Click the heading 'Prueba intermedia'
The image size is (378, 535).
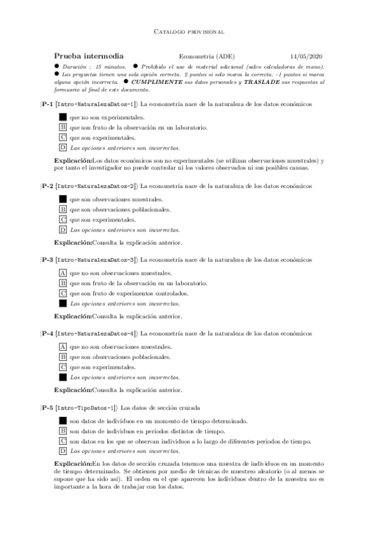[x=88, y=56]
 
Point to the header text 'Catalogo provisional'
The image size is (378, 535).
[x=189, y=31]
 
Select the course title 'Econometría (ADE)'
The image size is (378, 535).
[x=207, y=56]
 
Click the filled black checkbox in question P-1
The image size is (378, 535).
[x=62, y=117]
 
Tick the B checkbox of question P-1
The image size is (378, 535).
[x=62, y=127]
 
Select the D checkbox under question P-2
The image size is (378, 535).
[x=62, y=230]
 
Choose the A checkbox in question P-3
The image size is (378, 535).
[x=62, y=273]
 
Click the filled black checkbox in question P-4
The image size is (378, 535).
[x=62, y=377]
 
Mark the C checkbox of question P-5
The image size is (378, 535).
[x=62, y=441]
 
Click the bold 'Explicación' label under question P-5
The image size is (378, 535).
[x=73, y=464]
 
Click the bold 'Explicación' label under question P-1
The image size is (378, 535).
[x=73, y=161]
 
